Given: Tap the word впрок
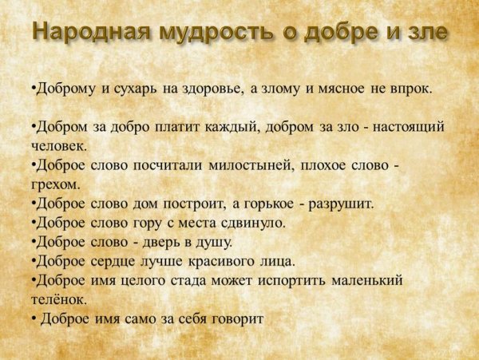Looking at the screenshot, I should tap(410, 89).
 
